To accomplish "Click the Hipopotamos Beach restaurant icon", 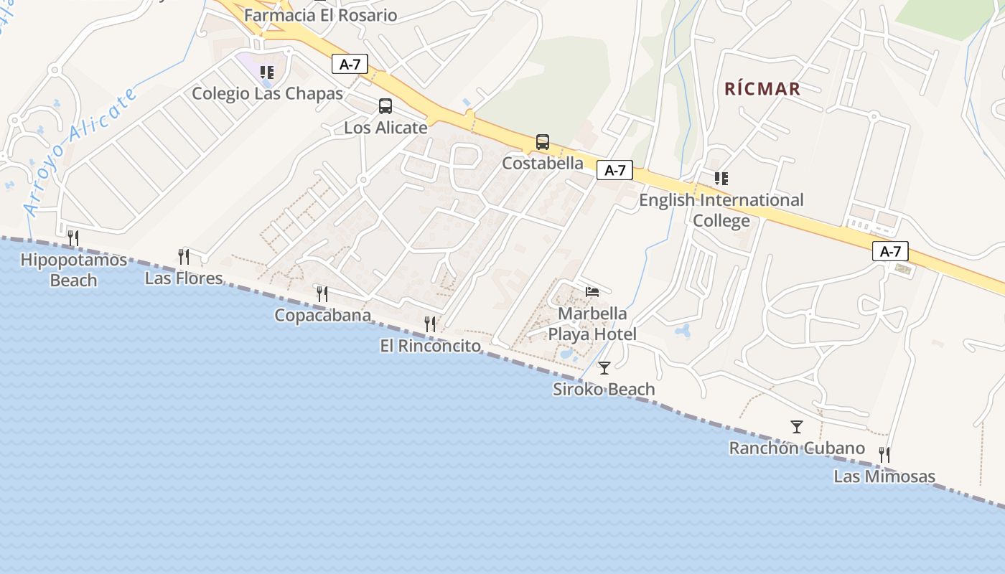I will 73,237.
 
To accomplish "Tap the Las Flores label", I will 184,278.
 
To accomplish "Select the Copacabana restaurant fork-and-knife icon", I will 322,293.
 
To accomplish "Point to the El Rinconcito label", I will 431,346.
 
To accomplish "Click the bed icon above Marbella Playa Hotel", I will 592,291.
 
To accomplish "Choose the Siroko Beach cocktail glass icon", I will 604,368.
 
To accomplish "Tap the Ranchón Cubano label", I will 797,448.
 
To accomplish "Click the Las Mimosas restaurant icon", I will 884,454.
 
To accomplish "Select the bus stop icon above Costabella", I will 543,142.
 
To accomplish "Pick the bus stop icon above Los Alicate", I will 385,106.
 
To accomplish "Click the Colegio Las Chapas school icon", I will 267,72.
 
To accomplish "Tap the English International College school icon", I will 721,178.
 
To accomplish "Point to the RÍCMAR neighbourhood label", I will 762,89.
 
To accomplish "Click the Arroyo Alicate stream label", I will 80,152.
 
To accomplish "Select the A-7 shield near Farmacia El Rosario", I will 350,65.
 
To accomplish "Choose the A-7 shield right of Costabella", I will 615,171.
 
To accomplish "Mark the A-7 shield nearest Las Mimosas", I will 890,252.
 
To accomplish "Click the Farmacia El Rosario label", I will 321,15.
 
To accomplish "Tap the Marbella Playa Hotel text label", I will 592,324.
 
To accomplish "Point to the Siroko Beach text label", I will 604,390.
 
